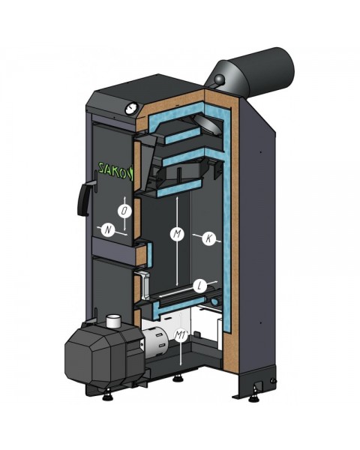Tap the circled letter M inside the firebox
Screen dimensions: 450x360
point(177,235)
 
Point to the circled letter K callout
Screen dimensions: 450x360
point(209,238)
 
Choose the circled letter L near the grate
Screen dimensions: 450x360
point(199,286)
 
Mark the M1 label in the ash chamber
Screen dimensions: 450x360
point(179,336)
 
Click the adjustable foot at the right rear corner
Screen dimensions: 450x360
point(262,387)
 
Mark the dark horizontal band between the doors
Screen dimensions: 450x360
point(112,245)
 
